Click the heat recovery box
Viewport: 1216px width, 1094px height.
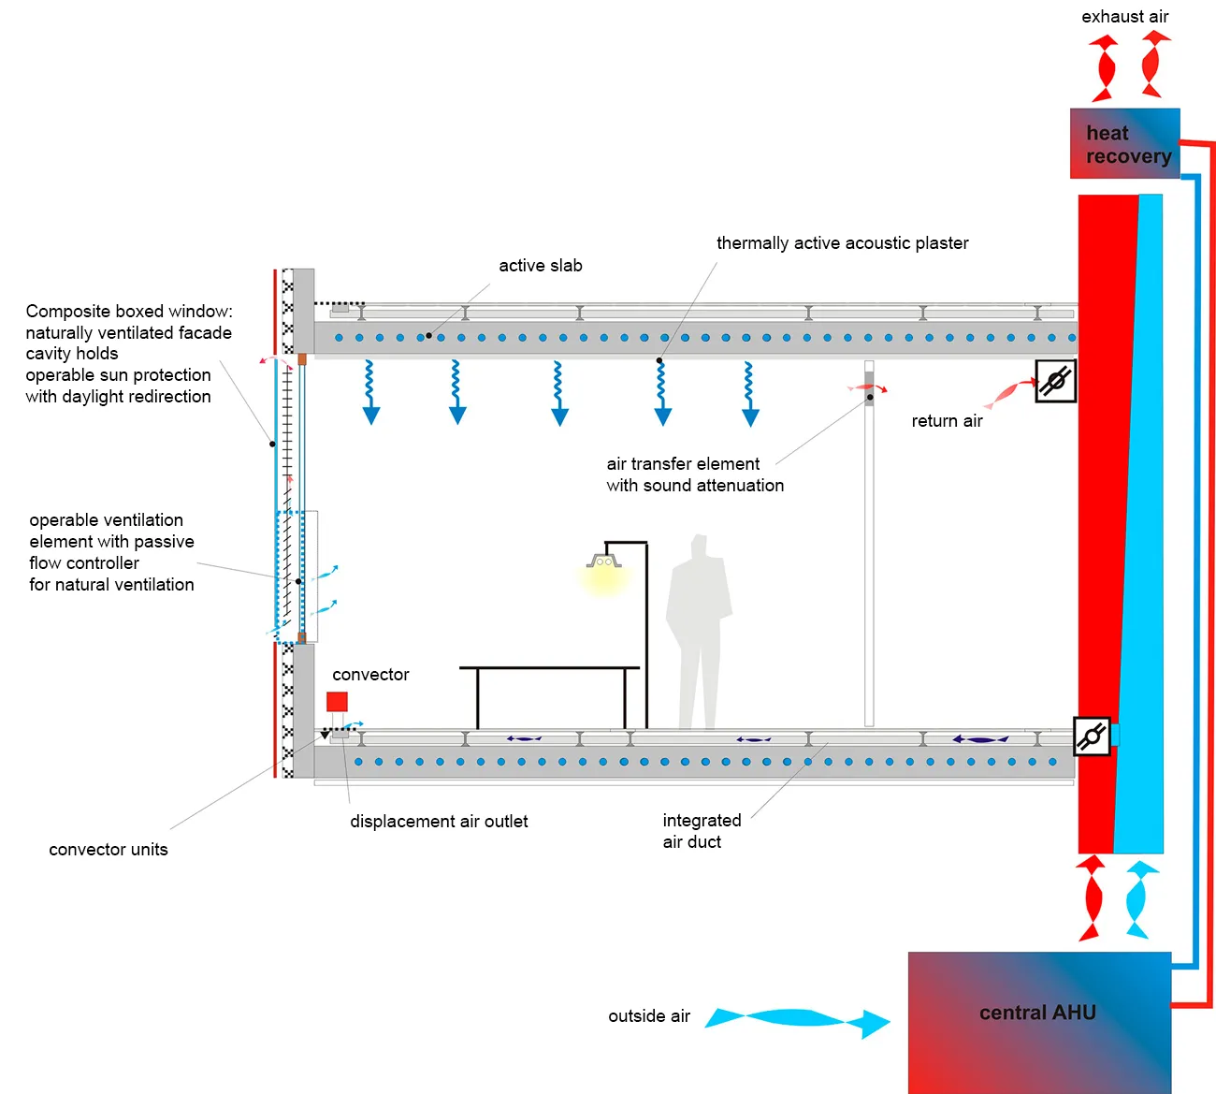(x=1124, y=143)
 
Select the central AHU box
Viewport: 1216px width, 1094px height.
(x=1039, y=1021)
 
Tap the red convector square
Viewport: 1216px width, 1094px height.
(x=337, y=702)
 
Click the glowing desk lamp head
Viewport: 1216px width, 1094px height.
(x=603, y=563)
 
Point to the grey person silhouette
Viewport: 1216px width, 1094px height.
(x=697, y=627)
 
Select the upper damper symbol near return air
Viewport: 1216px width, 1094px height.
(x=1056, y=381)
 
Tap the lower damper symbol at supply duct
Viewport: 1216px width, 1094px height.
(x=1092, y=737)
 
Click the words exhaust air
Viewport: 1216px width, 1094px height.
(x=1124, y=17)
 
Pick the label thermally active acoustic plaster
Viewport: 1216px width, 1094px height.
(x=842, y=243)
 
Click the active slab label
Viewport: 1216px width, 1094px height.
(x=540, y=266)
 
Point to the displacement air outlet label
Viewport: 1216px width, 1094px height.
(x=439, y=822)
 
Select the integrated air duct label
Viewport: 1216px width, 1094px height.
(x=701, y=831)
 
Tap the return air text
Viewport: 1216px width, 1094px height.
(x=947, y=421)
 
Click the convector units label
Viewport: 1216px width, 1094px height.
(x=109, y=850)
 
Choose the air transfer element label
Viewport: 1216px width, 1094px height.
(x=694, y=474)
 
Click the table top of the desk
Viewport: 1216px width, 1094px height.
(x=549, y=668)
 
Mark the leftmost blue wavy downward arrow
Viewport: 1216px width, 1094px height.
(x=370, y=392)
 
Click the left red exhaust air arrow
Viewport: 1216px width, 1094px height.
(x=1104, y=68)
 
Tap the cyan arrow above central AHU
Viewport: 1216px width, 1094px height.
(x=1137, y=899)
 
